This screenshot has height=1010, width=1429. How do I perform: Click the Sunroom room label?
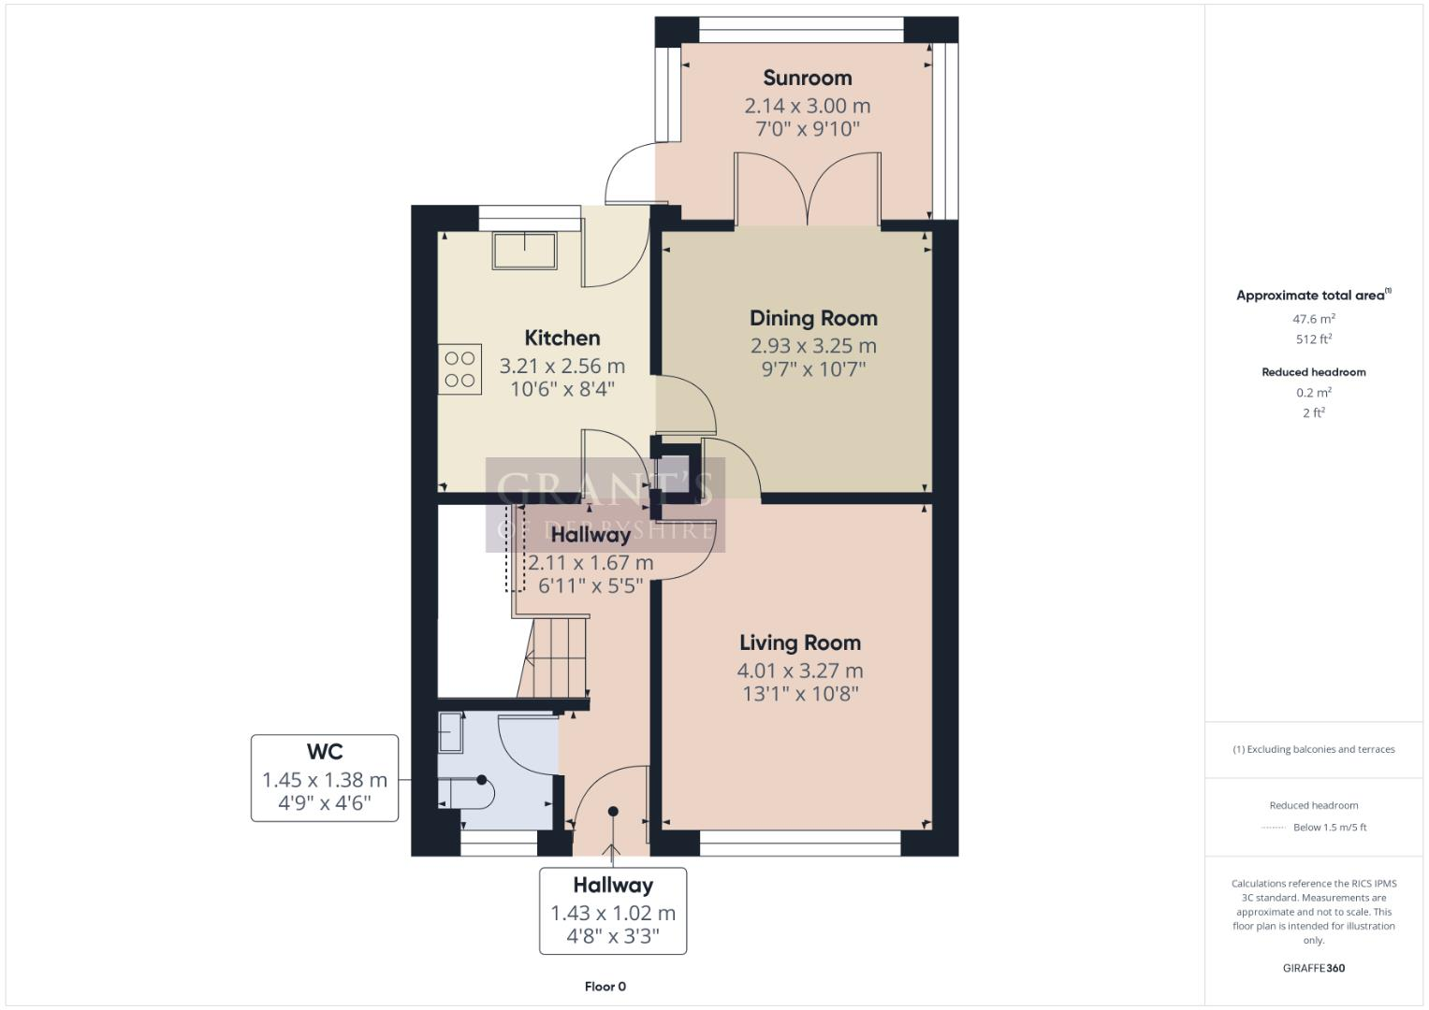[807, 78]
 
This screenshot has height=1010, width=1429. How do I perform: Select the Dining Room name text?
[812, 318]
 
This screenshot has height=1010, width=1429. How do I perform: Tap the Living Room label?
[799, 642]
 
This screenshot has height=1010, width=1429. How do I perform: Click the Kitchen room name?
[561, 338]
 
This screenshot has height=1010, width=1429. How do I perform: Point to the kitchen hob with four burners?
[459, 369]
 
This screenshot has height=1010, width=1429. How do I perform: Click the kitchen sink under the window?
[524, 252]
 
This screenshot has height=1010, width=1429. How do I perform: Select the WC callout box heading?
[324, 751]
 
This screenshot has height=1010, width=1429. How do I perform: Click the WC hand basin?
[451, 731]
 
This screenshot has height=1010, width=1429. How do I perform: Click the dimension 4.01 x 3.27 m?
[799, 671]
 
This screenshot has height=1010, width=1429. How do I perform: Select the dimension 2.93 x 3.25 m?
[812, 346]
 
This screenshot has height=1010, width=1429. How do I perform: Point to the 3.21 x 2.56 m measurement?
[561, 366]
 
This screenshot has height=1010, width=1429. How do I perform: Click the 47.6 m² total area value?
[1313, 319]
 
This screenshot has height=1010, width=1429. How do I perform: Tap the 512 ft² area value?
[1313, 339]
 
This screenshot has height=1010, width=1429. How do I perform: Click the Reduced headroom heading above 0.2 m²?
[1313, 372]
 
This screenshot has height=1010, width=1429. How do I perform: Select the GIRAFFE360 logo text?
[1313, 968]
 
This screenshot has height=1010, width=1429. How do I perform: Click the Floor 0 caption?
[605, 987]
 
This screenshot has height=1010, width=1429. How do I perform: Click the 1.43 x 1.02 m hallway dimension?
[612, 913]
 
